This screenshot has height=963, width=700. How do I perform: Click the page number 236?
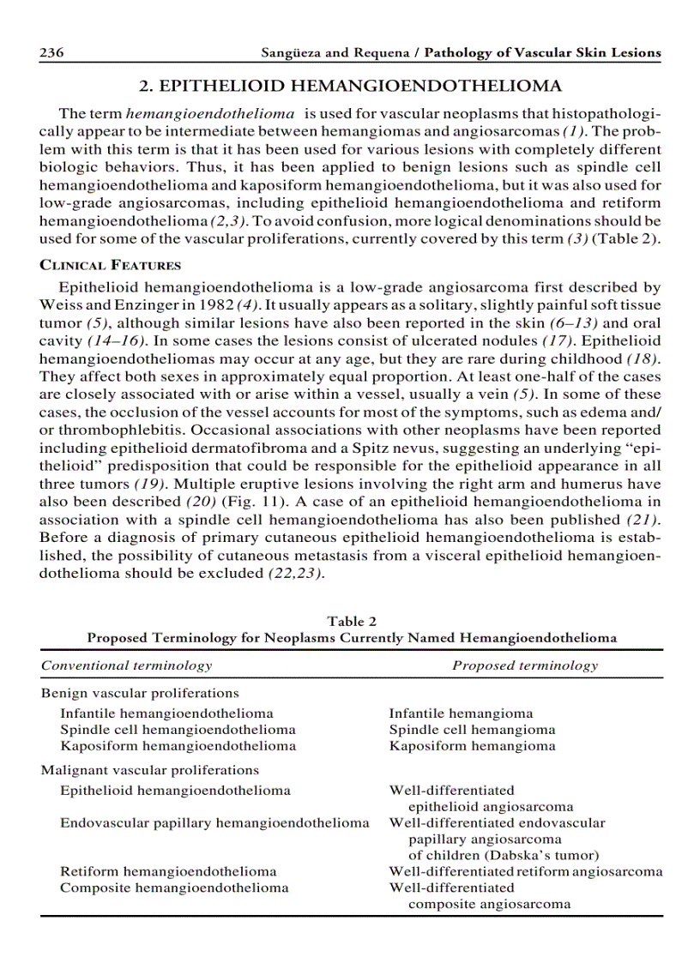coord(52,53)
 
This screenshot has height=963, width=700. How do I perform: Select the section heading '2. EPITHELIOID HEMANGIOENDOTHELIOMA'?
coord(351,86)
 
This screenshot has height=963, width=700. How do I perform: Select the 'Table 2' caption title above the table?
coord(351,621)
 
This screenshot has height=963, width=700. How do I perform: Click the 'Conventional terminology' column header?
coord(126,665)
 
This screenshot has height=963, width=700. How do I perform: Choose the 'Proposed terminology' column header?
coord(525,665)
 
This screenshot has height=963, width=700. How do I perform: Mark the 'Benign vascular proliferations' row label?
coord(140,693)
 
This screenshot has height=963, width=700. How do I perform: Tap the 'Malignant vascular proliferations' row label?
coord(150,770)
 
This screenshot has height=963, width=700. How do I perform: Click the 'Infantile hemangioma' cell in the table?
coord(461,713)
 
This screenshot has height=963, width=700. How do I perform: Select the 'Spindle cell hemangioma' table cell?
coord(472,730)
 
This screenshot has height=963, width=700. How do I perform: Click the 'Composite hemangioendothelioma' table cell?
coord(174,888)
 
